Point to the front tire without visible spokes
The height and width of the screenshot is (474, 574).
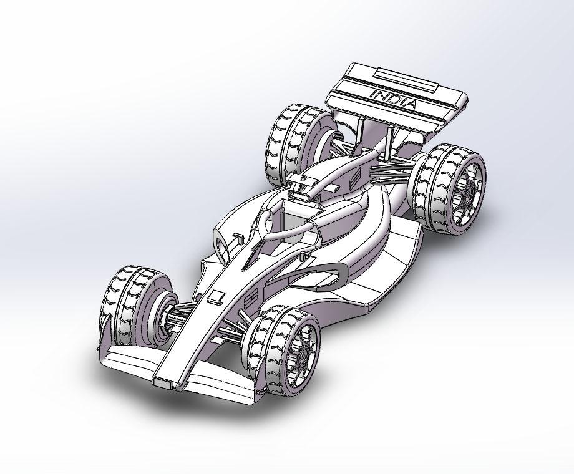(125, 306)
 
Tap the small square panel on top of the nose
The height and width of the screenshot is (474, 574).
(216, 296)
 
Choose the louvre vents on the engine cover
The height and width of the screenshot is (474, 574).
(354, 178)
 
